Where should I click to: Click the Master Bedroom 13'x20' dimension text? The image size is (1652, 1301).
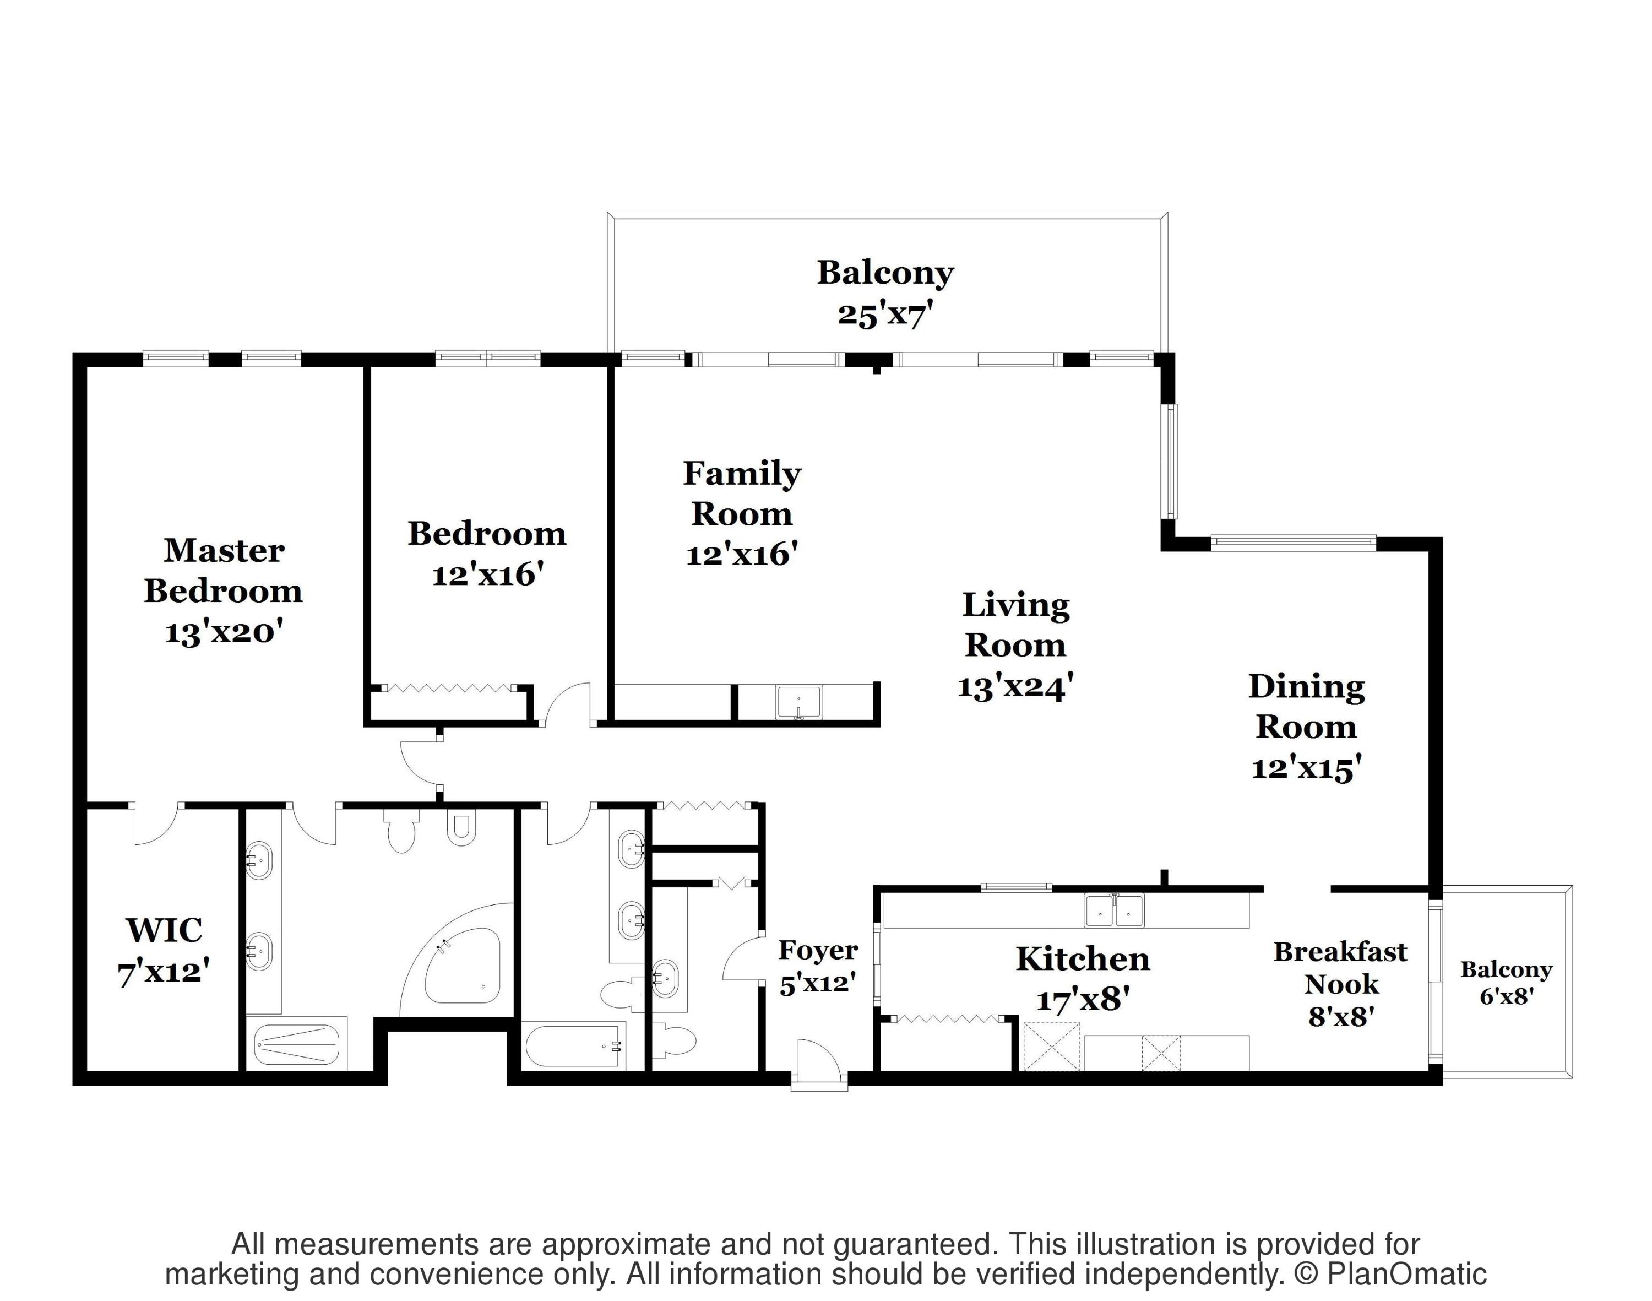pyautogui.click(x=224, y=632)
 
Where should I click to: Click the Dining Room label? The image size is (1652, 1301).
pyautogui.click(x=1306, y=706)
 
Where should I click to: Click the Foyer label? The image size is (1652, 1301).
pyautogui.click(x=818, y=950)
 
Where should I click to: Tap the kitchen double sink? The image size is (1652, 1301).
pyautogui.click(x=1115, y=910)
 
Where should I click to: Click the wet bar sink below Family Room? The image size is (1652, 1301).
pyautogui.click(x=798, y=702)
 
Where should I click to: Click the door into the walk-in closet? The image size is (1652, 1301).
pyautogui.click(x=156, y=824)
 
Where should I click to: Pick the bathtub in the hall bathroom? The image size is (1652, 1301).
pyautogui.click(x=574, y=1047)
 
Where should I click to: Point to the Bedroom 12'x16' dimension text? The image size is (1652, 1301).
pyautogui.click(x=487, y=574)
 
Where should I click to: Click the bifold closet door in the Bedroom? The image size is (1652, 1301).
pyautogui.click(x=449, y=688)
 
